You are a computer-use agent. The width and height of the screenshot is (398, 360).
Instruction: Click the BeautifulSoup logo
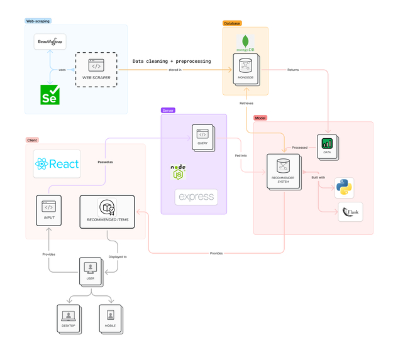50,41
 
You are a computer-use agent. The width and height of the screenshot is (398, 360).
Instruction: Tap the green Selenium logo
50,94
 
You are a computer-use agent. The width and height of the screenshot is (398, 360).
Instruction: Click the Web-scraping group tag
38,21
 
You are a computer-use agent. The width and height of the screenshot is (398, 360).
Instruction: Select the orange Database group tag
232,23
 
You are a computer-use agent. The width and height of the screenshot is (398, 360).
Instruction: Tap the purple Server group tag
168,110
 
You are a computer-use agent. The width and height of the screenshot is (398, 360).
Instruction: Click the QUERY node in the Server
202,136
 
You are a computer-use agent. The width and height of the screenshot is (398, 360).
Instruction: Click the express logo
196,197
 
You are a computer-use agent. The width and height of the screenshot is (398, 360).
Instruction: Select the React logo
58,164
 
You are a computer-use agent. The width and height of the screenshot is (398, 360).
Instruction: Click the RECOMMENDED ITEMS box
107,211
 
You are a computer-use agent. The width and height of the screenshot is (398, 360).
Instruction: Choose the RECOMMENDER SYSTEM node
282,172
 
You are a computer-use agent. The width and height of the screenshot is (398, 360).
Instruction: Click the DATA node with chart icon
326,146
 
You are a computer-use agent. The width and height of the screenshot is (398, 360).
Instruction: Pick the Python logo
344,187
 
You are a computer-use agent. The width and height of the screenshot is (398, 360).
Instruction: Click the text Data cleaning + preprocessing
171,62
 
